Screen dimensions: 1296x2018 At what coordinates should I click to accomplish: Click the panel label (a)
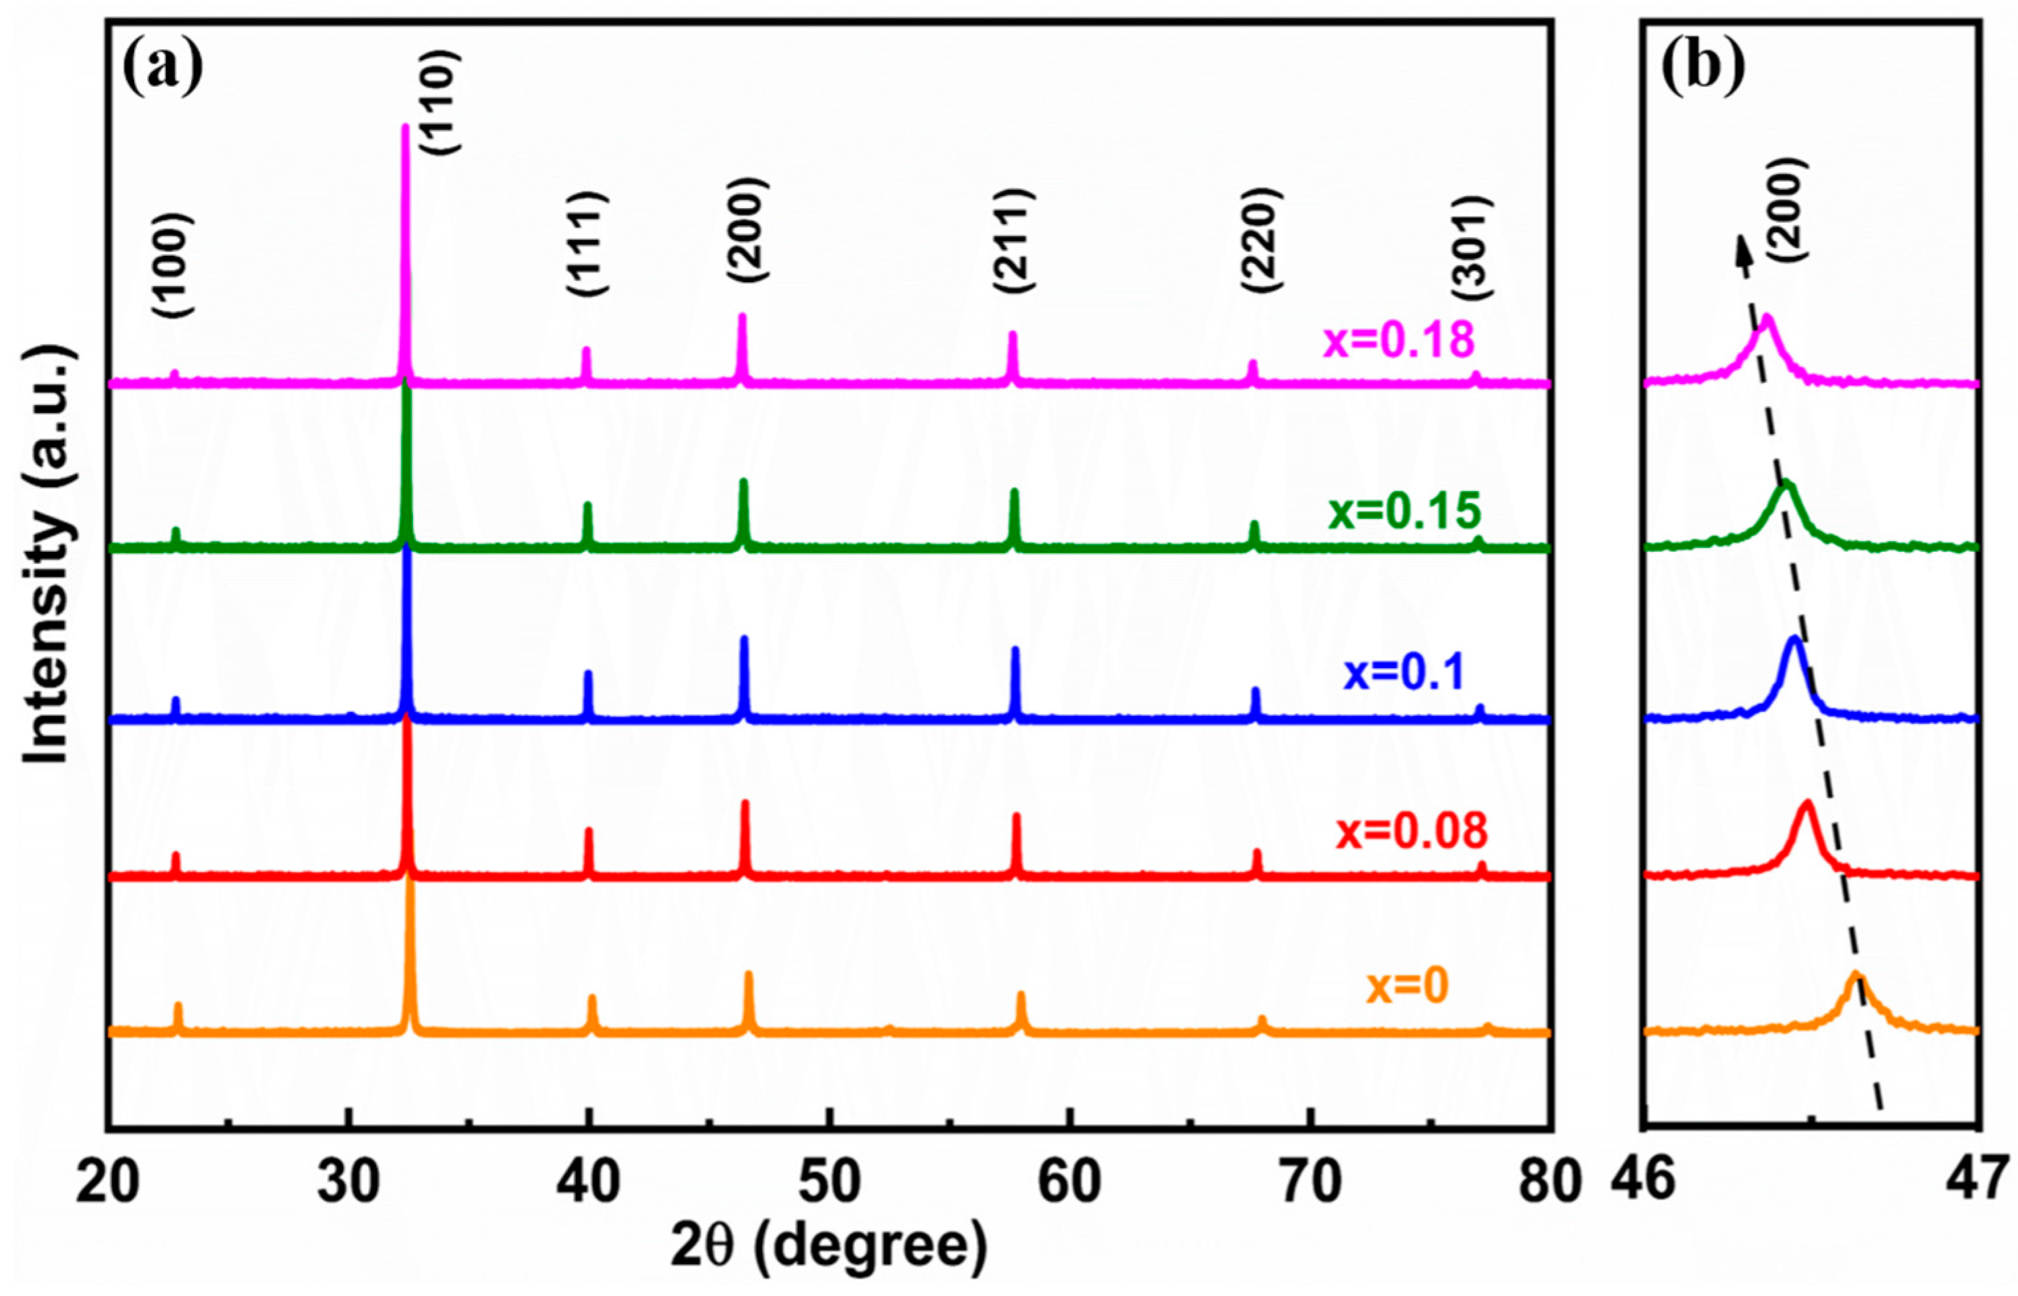pos(163,68)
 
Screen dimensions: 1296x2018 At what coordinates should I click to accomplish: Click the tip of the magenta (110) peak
pos(405,128)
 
